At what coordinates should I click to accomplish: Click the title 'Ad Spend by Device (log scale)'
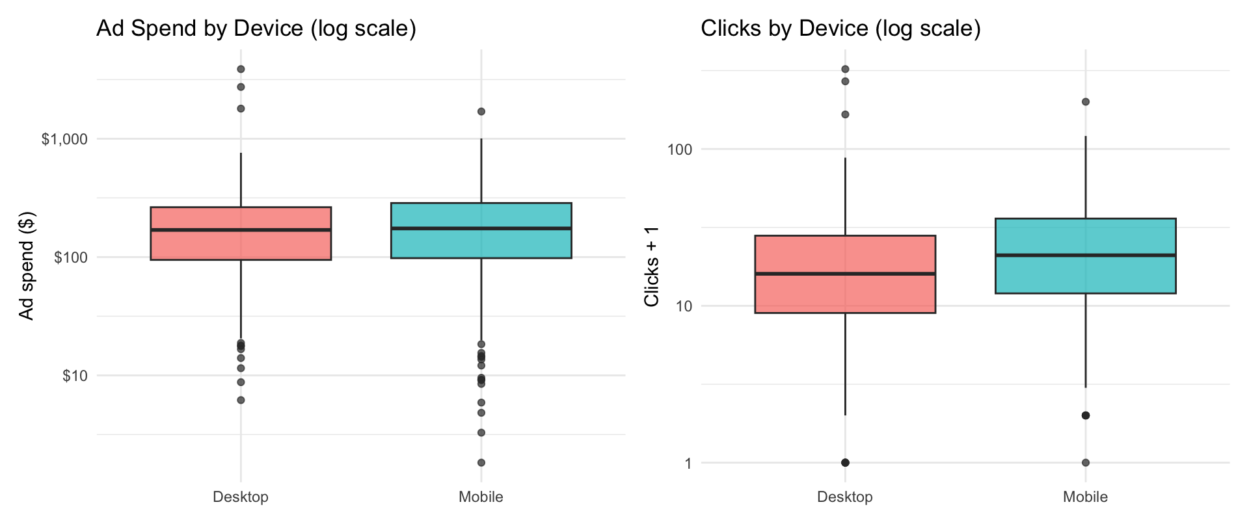[256, 29]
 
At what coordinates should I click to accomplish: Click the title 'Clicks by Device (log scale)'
[840, 29]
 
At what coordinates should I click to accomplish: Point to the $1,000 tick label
[64, 140]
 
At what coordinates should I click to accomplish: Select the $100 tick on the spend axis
[71, 258]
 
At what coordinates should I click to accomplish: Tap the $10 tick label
[75, 376]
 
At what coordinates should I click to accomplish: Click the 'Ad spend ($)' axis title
[26, 266]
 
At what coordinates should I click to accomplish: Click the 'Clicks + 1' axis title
[651, 267]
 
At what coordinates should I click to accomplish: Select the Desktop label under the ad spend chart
[241, 497]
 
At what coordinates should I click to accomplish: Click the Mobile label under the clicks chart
[1085, 497]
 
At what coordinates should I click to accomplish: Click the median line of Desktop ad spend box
[241, 229]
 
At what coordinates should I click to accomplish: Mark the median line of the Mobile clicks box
[1085, 255]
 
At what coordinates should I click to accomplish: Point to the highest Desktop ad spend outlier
[241, 69]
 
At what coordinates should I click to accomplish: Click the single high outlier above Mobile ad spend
[481, 111]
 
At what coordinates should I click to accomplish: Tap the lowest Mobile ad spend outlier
[481, 463]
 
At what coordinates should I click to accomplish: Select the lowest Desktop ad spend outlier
[241, 400]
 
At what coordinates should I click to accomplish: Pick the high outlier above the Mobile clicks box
[1085, 101]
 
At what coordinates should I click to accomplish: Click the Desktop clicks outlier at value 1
[845, 463]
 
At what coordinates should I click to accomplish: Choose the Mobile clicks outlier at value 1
[1085, 463]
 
